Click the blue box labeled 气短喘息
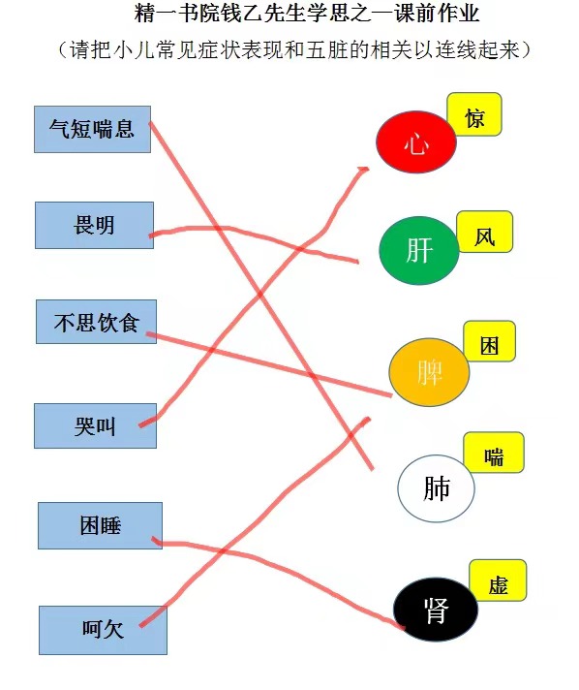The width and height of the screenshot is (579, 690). [x=92, y=130]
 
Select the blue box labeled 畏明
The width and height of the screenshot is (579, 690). [x=94, y=225]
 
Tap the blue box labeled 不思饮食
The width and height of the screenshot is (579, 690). [x=96, y=322]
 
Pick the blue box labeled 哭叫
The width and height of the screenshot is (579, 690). [x=96, y=426]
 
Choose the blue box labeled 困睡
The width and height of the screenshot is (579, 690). [x=101, y=525]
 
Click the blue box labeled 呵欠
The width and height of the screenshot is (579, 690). [x=103, y=630]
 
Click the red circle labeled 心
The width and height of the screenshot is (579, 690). [x=416, y=142]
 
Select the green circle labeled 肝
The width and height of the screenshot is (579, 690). [x=419, y=250]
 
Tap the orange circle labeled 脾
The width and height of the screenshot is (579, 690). [x=429, y=372]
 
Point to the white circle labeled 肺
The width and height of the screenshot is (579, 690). [x=436, y=488]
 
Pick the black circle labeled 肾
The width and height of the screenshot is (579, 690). [x=436, y=610]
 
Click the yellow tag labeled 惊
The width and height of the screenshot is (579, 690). [x=474, y=114]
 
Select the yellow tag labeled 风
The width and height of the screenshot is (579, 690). [x=484, y=232]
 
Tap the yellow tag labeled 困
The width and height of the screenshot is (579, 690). [x=489, y=341]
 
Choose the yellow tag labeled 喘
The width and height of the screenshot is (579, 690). [x=494, y=453]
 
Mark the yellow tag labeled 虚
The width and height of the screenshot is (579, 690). [x=498, y=580]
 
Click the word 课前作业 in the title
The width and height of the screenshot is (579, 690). [x=437, y=14]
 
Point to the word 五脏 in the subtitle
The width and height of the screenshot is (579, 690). [x=327, y=49]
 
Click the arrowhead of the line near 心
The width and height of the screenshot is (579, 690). [x=364, y=170]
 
